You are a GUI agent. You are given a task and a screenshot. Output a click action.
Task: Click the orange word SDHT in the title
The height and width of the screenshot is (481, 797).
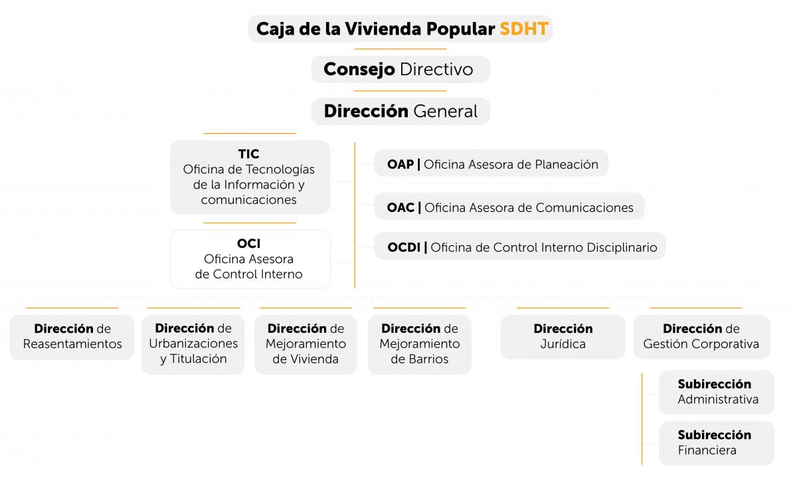(524, 29)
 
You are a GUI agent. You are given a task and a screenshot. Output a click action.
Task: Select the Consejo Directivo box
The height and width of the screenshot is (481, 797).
(400, 70)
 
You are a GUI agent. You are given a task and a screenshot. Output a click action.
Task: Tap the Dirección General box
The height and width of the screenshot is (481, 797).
(400, 112)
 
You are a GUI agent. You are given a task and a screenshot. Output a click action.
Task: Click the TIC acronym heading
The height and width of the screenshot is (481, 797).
(248, 154)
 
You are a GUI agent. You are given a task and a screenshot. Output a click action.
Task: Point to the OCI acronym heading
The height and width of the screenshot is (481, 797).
(248, 244)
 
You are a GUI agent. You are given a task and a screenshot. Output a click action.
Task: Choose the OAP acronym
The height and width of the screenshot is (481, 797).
(400, 165)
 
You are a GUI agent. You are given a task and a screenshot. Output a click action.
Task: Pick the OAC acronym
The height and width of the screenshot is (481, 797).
(400, 207)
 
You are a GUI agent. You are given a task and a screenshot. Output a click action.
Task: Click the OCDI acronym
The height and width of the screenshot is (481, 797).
(404, 247)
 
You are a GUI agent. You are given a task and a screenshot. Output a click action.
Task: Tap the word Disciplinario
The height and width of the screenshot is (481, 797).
(622, 247)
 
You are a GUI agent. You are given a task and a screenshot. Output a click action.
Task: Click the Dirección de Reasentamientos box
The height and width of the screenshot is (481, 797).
(72, 337)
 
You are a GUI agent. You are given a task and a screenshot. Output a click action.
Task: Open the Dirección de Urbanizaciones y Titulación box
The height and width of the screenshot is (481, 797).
(193, 344)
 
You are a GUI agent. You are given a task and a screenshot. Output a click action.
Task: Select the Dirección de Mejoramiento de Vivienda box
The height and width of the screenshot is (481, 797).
(306, 344)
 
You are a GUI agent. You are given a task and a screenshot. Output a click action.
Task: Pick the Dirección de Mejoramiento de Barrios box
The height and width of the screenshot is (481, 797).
(420, 344)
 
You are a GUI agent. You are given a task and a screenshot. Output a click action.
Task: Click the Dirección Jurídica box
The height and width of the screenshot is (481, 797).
(563, 337)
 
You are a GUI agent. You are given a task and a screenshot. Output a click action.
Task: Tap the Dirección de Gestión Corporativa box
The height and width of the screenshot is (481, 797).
(701, 337)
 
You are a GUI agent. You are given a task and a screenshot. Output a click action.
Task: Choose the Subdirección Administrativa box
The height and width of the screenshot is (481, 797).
(717, 392)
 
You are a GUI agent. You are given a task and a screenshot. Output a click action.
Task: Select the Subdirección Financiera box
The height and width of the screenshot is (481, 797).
(717, 443)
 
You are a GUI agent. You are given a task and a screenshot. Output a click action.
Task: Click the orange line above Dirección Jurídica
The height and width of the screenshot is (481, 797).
(563, 308)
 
